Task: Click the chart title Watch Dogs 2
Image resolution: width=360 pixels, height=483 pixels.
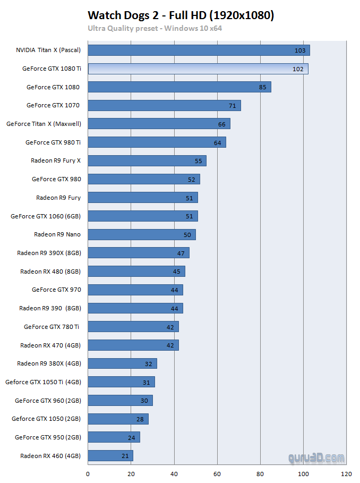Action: point(181,15)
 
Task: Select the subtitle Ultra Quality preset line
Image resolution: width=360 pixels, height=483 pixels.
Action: point(155,28)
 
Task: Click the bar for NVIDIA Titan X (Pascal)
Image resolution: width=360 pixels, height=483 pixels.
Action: point(199,50)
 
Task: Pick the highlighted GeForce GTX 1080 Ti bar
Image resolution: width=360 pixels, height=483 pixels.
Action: point(198,69)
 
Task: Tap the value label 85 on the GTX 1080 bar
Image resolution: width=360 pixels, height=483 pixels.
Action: point(263,87)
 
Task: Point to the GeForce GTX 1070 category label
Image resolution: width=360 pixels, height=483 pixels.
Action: point(53,105)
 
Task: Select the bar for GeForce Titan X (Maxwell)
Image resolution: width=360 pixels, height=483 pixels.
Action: point(159,124)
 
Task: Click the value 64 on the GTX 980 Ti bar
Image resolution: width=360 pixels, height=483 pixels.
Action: point(217,142)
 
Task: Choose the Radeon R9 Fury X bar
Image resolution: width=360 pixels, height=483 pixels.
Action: point(147,160)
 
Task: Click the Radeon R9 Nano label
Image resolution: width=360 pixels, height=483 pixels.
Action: point(57,234)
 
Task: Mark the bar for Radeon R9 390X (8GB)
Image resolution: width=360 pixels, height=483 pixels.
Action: point(138,252)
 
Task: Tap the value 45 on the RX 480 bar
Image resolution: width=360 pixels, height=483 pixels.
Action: point(176,272)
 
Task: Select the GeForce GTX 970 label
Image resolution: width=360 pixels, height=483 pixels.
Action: point(56,290)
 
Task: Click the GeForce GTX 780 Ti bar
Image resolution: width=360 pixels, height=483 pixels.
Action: point(133,326)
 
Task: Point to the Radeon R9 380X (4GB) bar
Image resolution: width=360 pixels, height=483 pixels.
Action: point(122,363)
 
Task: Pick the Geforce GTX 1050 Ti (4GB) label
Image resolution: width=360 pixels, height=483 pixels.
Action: point(43,382)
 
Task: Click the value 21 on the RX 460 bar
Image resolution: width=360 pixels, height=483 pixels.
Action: point(125,456)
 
